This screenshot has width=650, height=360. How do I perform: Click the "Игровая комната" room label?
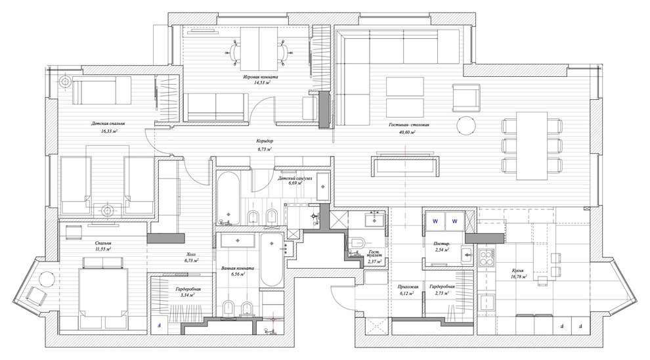[x=261, y=77]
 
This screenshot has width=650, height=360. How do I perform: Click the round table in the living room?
[x=467, y=125]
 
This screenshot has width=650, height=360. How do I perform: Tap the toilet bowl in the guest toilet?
[x=357, y=243]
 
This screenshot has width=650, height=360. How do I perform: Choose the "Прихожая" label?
[x=408, y=286]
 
